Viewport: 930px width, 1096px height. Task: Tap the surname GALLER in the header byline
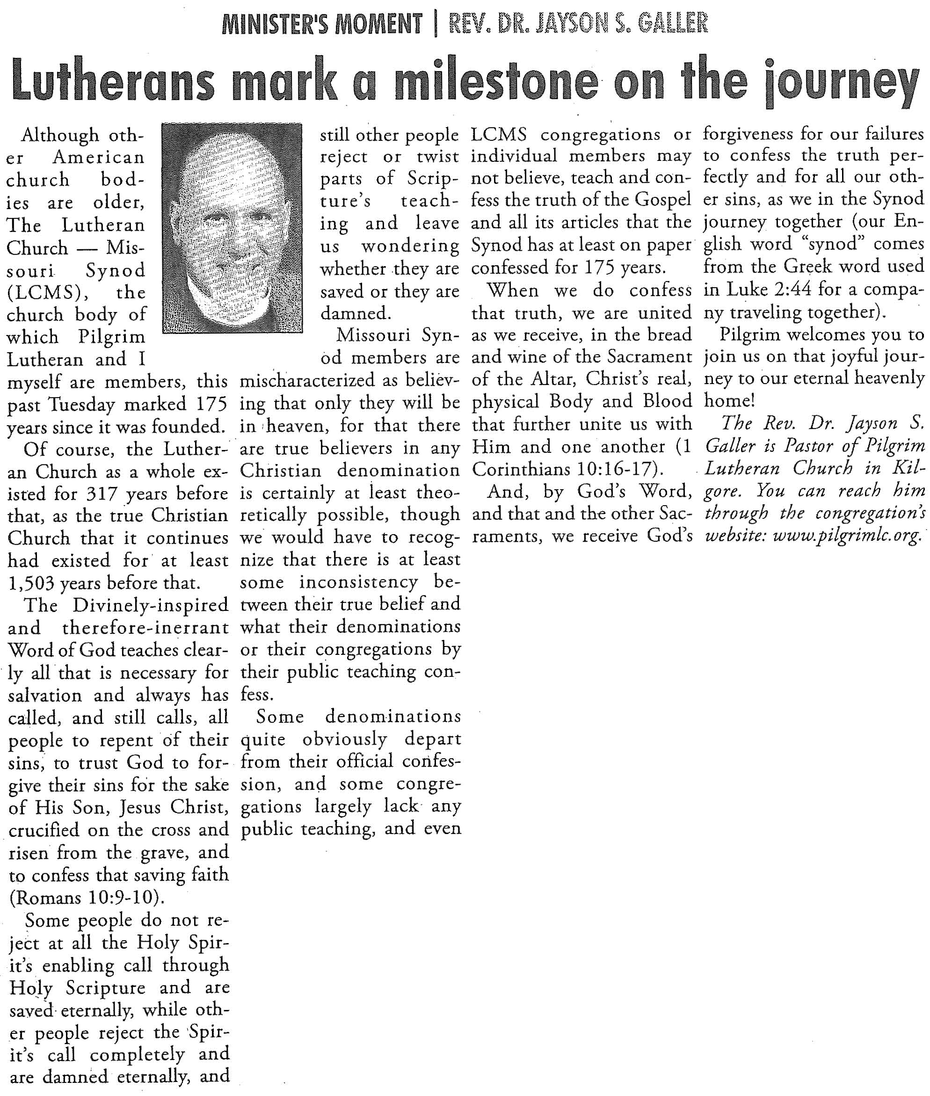672,24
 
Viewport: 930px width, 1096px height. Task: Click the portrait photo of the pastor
232,228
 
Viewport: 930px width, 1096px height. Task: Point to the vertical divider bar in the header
436,24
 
